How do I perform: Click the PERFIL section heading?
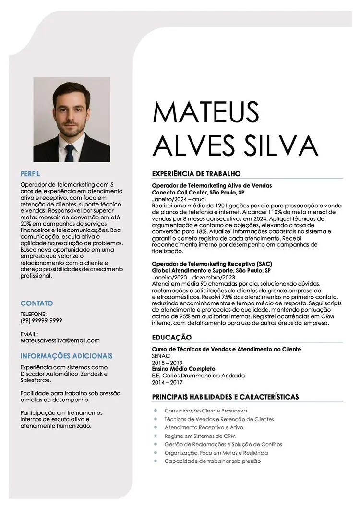click(x=30, y=173)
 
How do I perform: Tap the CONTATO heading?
click(x=36, y=303)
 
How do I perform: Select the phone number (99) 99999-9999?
click(x=41, y=320)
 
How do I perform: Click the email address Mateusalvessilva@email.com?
click(x=60, y=340)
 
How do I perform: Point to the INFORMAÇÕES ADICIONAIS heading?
click(x=66, y=356)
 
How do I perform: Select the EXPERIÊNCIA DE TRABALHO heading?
click(x=196, y=173)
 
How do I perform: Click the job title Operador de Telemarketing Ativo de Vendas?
click(x=212, y=185)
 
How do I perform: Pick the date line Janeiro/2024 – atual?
click(x=179, y=198)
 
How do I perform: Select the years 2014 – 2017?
click(x=167, y=382)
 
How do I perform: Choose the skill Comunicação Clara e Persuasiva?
click(x=205, y=411)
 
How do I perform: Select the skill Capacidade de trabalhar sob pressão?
click(x=212, y=461)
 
